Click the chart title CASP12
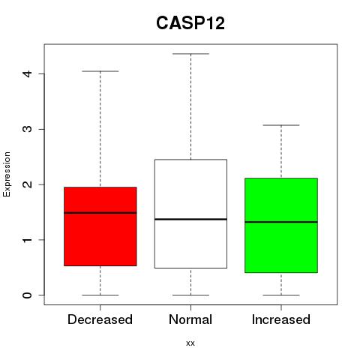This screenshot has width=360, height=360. [x=190, y=23]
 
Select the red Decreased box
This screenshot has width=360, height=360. [x=100, y=226]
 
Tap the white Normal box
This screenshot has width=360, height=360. [x=190, y=214]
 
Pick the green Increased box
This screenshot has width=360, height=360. [x=281, y=225]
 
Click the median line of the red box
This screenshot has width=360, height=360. [x=100, y=213]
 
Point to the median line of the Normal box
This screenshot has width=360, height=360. [x=190, y=219]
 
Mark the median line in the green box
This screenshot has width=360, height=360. [x=281, y=222]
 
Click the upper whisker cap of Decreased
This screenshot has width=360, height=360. [x=100, y=71]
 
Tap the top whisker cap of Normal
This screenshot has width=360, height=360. [x=190, y=54]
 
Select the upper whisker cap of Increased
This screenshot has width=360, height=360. [x=281, y=125]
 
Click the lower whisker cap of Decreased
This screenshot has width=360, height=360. [x=100, y=295]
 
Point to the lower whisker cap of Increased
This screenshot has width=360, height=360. [x=281, y=295]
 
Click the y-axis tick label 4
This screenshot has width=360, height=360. [x=28, y=73]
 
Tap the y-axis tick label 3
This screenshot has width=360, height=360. [x=28, y=129]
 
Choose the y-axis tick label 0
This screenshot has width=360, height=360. [x=28, y=295]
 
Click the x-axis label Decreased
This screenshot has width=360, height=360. [x=100, y=319]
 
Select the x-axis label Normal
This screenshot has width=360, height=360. [x=190, y=319]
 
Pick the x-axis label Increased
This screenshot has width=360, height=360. [x=281, y=319]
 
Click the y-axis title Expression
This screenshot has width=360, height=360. [x=7, y=175]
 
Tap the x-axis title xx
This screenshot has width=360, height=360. [x=190, y=343]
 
